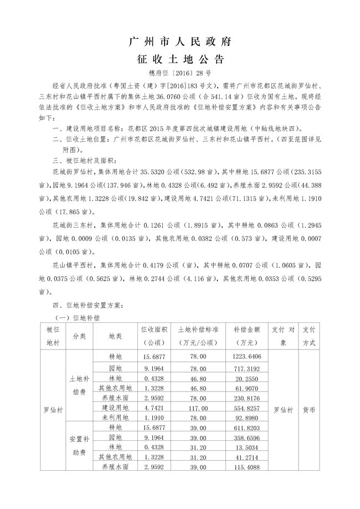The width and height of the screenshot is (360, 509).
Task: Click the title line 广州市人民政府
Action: (x=179, y=42)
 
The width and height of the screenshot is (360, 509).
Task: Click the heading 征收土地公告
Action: (x=179, y=59)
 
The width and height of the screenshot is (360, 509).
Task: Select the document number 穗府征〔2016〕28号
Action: (x=179, y=73)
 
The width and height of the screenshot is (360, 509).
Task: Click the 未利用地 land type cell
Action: (x=115, y=417)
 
